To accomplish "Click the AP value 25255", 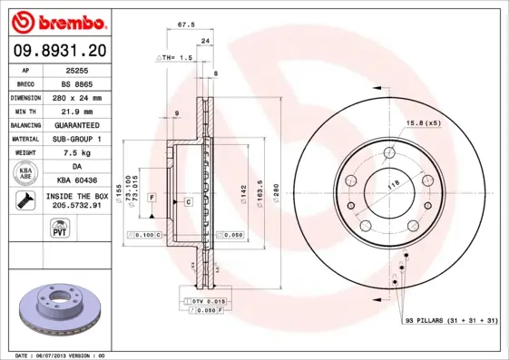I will coord(75,70).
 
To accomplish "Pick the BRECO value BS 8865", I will coord(75,83).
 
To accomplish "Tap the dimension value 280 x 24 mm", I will coord(75,97).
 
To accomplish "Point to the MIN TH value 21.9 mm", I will coord(75,111).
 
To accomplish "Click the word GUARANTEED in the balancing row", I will coord(75,124).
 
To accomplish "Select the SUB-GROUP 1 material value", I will coord(75,139).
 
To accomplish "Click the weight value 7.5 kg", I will coord(75,152).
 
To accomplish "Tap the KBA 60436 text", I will coord(75,180).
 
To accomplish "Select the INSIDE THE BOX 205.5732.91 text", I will coord(75,200).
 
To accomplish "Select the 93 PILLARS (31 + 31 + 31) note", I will coord(451,321).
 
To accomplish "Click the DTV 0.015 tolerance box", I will coord(207,299).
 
